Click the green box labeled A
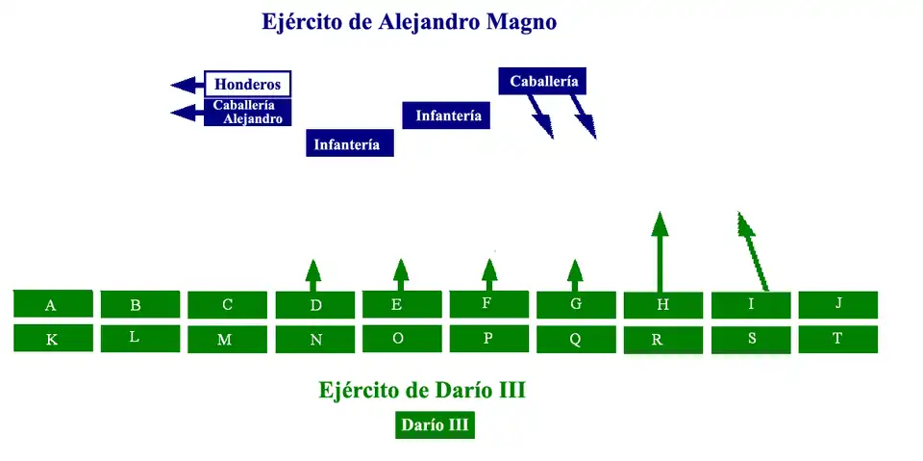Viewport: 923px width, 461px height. click(x=53, y=304)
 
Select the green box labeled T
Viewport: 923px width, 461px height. click(x=837, y=339)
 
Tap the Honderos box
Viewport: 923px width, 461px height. click(x=247, y=84)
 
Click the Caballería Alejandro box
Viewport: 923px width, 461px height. click(x=247, y=113)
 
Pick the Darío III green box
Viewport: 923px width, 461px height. click(x=435, y=424)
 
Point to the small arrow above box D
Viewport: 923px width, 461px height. click(x=312, y=274)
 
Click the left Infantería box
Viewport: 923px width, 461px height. click(x=349, y=143)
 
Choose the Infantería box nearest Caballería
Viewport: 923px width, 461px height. click(x=446, y=115)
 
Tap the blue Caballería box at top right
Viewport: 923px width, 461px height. click(x=542, y=81)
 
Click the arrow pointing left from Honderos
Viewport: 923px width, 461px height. click(x=187, y=85)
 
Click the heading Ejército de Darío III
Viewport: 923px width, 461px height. click(x=422, y=391)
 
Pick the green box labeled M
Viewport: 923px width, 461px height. click(x=227, y=340)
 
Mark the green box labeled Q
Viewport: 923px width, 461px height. click(x=575, y=339)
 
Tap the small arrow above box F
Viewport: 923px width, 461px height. click(x=489, y=274)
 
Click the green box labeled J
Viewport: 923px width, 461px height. click(x=837, y=304)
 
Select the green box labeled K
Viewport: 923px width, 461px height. click(x=53, y=339)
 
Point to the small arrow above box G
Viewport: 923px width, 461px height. click(x=575, y=274)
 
